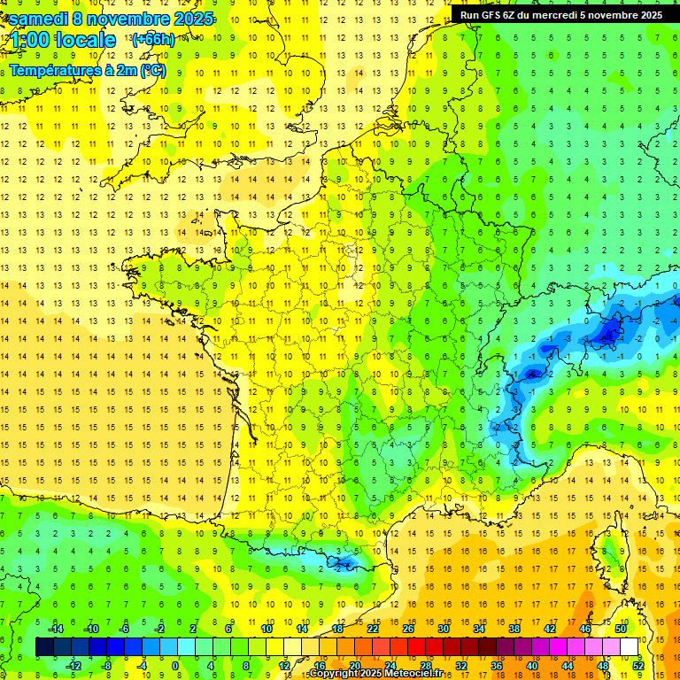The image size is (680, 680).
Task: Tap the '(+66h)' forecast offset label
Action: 152,39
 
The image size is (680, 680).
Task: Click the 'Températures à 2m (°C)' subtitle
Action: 88,70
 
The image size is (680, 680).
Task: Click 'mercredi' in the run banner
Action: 571,15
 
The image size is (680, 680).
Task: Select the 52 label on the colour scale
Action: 638,665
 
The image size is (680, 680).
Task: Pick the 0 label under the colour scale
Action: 174,665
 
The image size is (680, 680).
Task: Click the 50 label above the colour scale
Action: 621,629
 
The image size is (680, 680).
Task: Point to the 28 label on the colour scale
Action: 425,665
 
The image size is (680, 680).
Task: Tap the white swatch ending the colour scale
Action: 629,647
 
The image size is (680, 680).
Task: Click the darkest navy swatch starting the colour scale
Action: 44,647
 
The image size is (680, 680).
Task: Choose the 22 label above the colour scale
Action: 373,629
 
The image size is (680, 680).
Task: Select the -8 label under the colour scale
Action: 106,665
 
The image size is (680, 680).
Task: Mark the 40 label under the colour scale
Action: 532,665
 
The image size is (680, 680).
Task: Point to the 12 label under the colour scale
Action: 284,665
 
